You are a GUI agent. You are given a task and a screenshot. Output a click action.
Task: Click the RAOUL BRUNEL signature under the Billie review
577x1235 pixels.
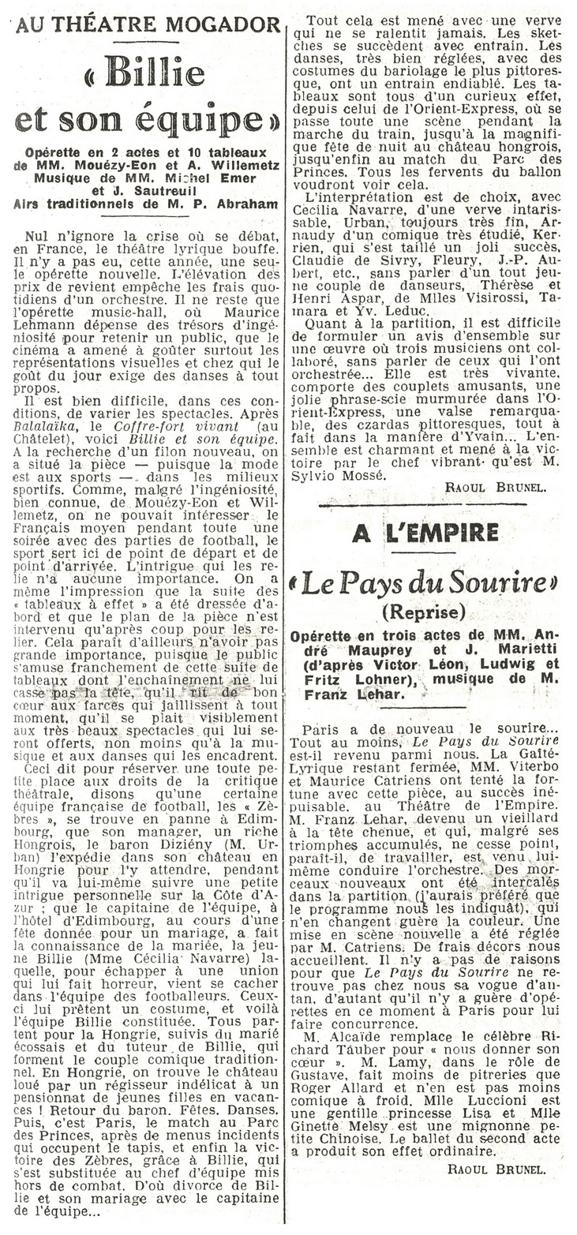pyautogui.click(x=494, y=488)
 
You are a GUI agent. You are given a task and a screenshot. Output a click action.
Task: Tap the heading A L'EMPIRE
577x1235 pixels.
pyautogui.click(x=425, y=533)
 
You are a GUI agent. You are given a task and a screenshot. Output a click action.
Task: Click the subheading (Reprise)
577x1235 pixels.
pyautogui.click(x=425, y=612)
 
